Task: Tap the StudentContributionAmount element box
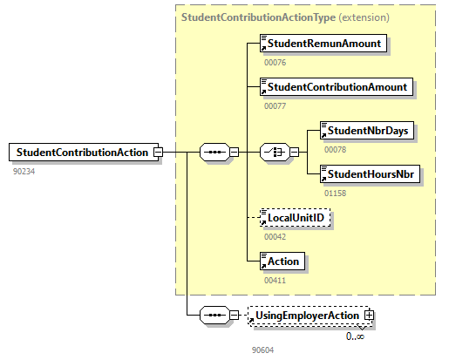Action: point(337,87)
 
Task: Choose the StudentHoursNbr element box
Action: point(371,174)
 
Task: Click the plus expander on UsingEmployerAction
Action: point(369,315)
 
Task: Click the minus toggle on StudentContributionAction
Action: point(158,152)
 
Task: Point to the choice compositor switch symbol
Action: point(275,152)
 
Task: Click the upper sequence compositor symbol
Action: point(214,152)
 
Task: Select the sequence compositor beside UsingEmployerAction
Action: point(214,315)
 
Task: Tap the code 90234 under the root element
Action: point(24,171)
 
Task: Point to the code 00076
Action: point(276,62)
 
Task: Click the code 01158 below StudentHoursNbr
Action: point(335,193)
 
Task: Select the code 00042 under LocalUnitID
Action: point(276,236)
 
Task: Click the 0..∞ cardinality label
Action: point(355,336)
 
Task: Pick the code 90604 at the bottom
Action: point(263,350)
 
